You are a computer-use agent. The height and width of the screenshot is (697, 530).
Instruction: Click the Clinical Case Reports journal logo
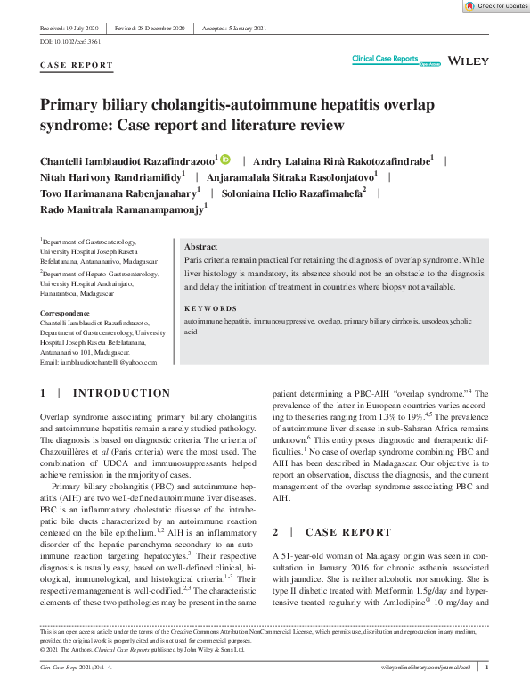point(385,59)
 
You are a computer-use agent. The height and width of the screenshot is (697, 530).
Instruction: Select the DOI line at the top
point(70,43)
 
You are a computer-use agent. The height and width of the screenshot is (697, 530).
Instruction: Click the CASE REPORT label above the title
point(77,65)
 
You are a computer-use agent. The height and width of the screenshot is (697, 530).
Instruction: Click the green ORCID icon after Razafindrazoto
point(225,160)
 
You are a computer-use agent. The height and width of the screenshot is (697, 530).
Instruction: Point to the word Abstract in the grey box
point(200,246)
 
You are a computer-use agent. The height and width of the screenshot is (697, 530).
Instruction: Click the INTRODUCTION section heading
point(120,393)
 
